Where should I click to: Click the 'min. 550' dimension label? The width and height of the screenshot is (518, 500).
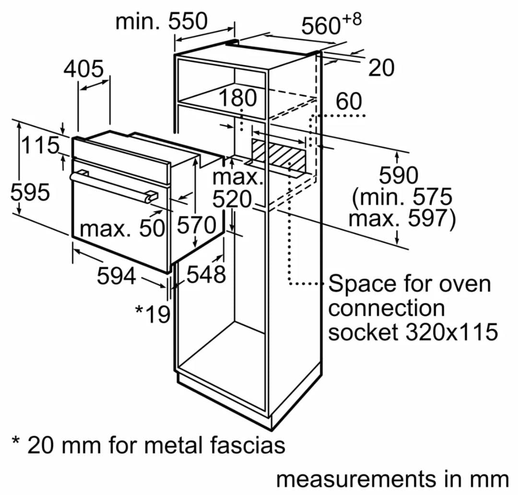coord(162,22)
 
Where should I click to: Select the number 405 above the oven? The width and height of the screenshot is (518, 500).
coord(83,69)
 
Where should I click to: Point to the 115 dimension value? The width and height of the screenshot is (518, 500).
coord(40,145)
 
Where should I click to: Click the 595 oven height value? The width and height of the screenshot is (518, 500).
coord(30,193)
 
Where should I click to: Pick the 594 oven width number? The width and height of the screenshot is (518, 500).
coord(116,276)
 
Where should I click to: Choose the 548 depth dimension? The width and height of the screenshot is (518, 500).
coord(206,275)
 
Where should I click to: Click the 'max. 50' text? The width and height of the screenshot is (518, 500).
coord(122,229)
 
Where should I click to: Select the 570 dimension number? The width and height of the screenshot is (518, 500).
coord(197,225)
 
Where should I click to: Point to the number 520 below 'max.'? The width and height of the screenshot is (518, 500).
coord(232,200)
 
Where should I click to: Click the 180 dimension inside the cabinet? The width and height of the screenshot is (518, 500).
coord(238,99)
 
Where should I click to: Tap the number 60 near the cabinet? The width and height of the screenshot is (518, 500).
coord(349,102)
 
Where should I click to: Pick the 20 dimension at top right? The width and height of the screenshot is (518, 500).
coord(381,68)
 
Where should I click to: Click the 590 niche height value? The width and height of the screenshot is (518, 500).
coord(399,176)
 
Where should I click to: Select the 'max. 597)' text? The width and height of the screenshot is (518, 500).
coord(401,219)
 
